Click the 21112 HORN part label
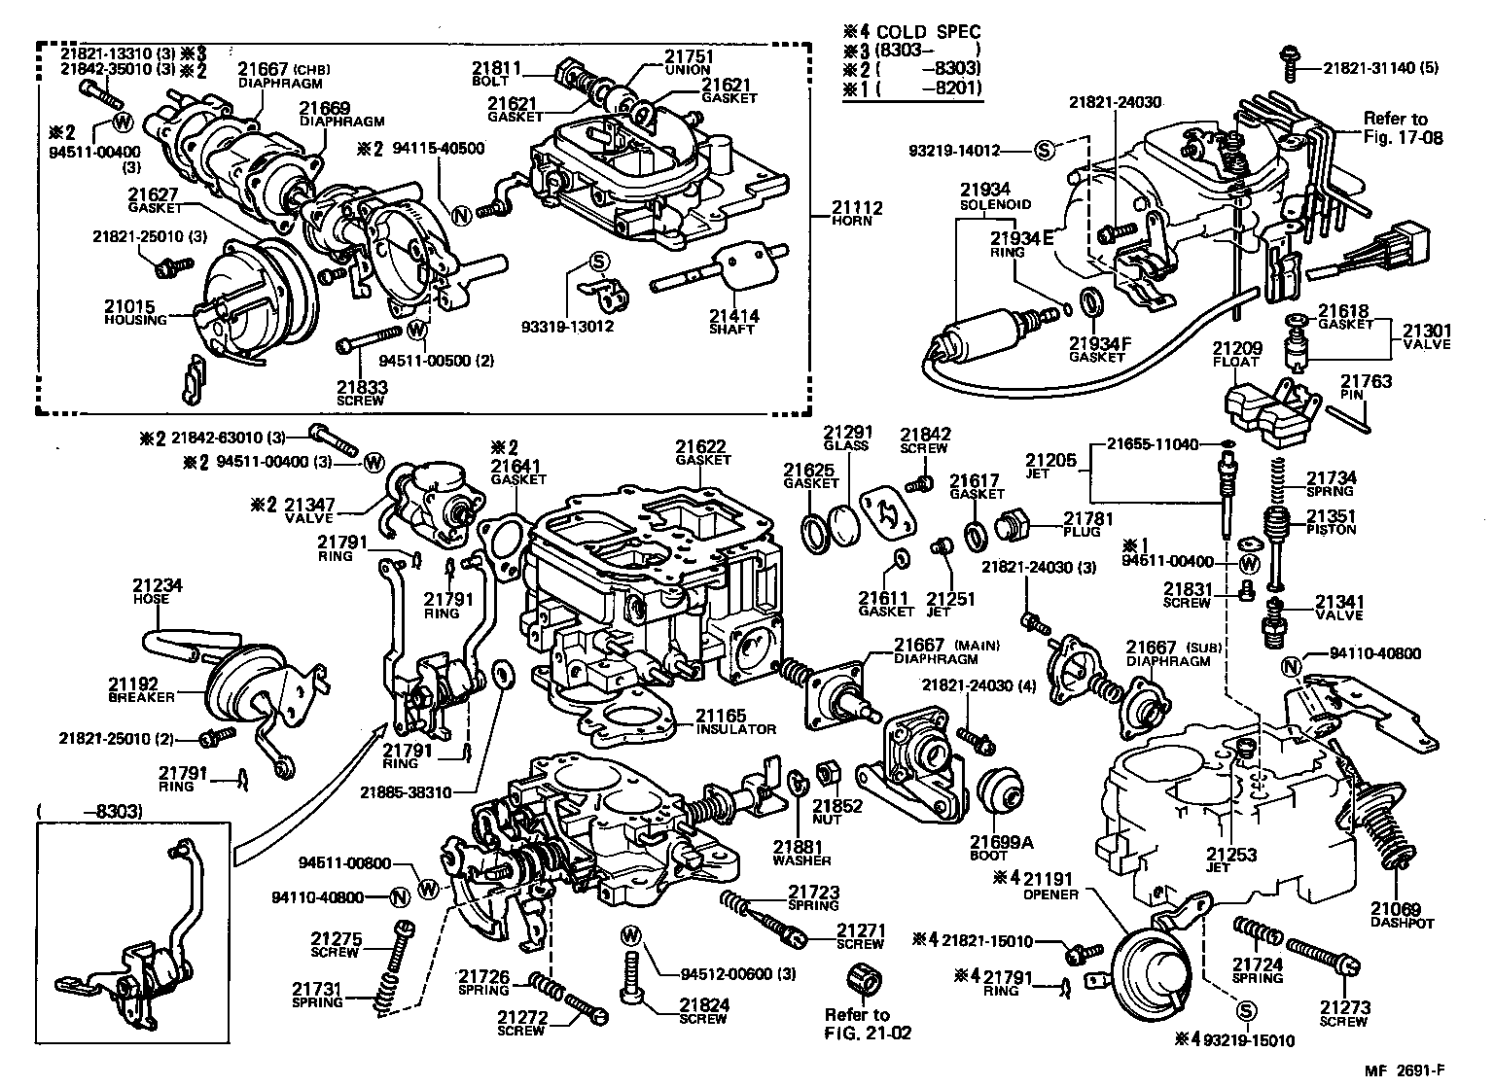click(853, 213)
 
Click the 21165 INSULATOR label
click(735, 722)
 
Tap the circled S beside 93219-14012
click(1045, 150)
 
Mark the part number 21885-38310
click(406, 792)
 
